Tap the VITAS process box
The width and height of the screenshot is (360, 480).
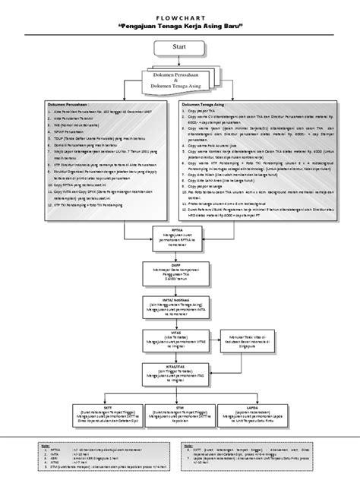(x=180, y=338)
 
